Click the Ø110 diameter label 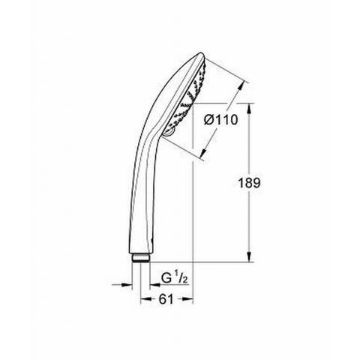coord(220,120)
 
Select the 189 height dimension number coord(249,183)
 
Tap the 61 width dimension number coord(166,299)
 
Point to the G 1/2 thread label coord(174,278)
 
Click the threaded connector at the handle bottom coord(141,258)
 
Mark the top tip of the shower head coord(201,53)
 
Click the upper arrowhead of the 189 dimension coord(249,109)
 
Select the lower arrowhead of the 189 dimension coord(249,256)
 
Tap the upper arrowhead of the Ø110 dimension coord(240,88)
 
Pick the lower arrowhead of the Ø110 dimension coord(204,152)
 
